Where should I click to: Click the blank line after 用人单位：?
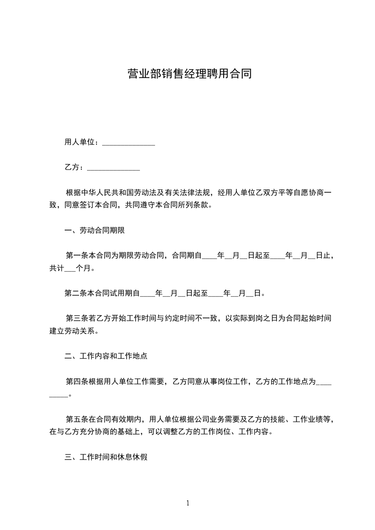(129, 143)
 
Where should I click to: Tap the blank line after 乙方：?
(113, 168)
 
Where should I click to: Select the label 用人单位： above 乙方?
(81, 142)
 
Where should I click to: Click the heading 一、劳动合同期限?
(95, 231)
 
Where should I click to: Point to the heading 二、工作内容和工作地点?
(106, 356)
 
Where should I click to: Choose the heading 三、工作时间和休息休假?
(106, 457)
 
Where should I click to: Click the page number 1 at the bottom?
(188, 503)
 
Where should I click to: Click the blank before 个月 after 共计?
(69, 268)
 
